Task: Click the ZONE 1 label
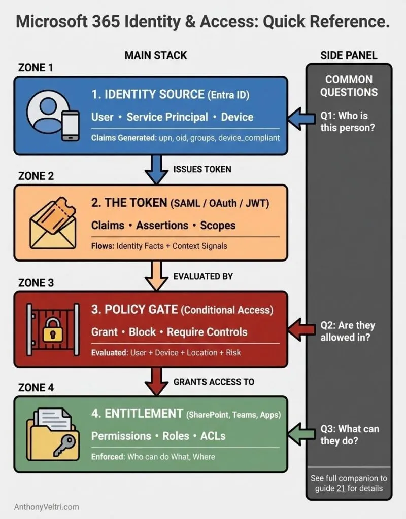pyautogui.click(x=36, y=68)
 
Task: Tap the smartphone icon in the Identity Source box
pyautogui.click(x=71, y=125)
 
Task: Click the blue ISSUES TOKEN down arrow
pyautogui.click(x=155, y=169)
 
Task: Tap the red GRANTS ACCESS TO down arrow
pyautogui.click(x=155, y=382)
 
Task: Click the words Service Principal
pyautogui.click(x=167, y=117)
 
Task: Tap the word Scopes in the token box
pyautogui.click(x=218, y=225)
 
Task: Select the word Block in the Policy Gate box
pyautogui.click(x=142, y=332)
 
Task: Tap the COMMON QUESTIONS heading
pyautogui.click(x=349, y=86)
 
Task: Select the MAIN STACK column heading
pyautogui.click(x=156, y=55)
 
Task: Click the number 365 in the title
pyautogui.click(x=128, y=22)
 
